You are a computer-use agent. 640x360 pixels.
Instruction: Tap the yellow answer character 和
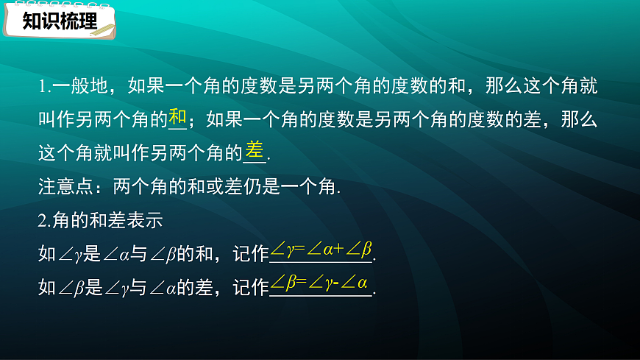click(x=178, y=117)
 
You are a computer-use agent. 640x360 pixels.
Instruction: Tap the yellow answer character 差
click(x=254, y=150)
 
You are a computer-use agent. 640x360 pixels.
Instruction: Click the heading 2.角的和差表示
click(x=99, y=219)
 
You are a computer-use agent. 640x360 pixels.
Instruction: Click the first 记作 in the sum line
click(x=251, y=254)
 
